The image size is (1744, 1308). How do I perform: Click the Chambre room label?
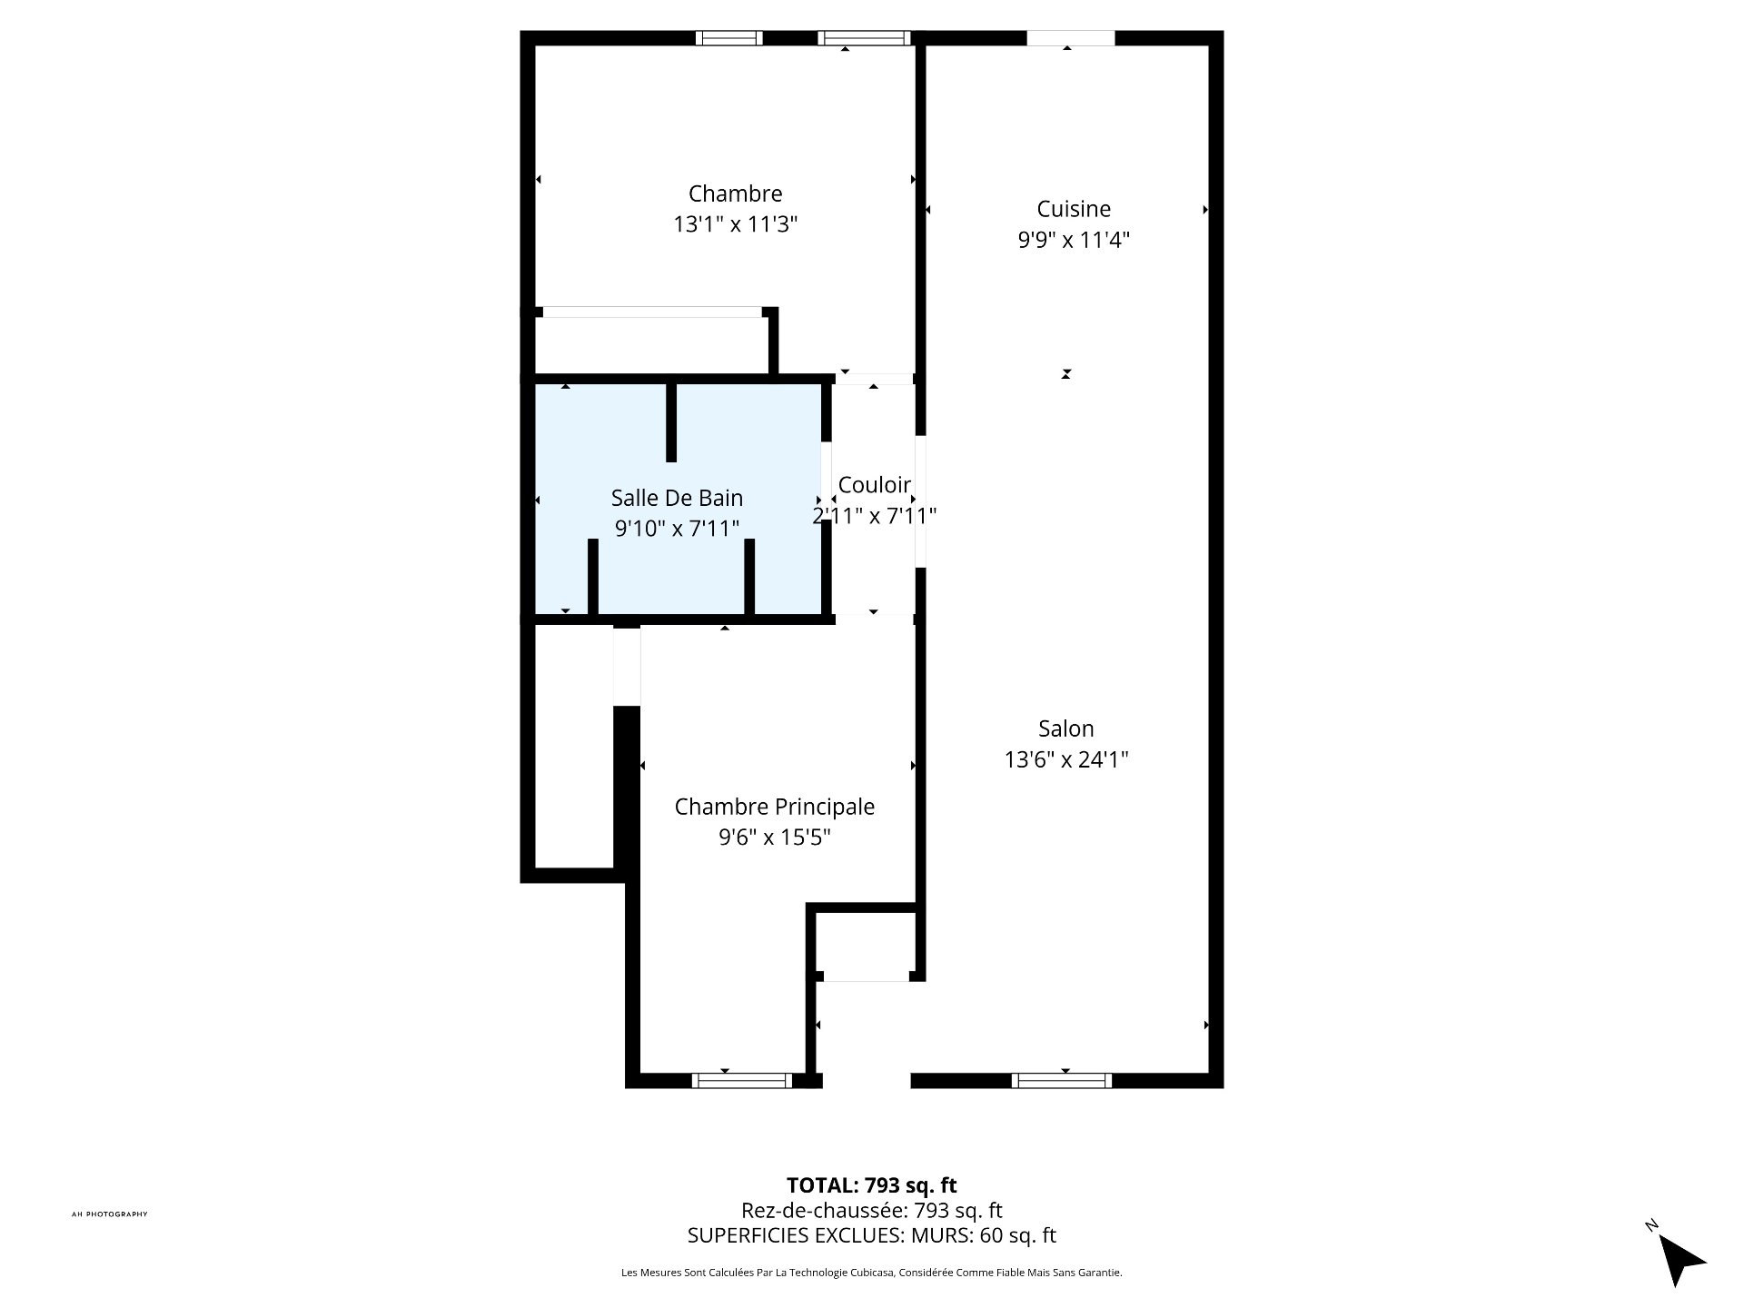click(735, 193)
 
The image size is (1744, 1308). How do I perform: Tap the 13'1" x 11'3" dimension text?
click(735, 224)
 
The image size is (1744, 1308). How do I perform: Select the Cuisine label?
click(1074, 209)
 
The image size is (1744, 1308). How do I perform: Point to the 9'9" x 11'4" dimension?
click(1074, 240)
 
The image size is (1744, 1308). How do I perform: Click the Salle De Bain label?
click(677, 498)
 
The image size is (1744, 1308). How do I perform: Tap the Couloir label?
click(874, 485)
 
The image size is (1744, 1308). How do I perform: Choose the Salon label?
click(1065, 728)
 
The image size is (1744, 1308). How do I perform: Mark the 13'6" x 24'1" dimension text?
click(1065, 759)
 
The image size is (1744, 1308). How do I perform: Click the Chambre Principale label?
click(774, 807)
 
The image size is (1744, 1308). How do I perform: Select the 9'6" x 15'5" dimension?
click(774, 837)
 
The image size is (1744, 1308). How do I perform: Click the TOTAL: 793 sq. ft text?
click(871, 1185)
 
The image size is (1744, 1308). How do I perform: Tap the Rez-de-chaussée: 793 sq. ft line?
click(871, 1210)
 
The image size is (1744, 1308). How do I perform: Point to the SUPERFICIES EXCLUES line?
click(871, 1235)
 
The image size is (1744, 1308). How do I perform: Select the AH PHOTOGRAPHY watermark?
click(109, 1214)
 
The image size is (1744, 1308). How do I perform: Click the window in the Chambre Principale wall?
click(741, 1080)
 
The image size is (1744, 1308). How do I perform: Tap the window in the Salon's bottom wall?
click(1061, 1080)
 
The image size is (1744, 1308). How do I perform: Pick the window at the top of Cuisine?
click(1070, 38)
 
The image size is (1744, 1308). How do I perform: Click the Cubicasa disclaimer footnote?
click(871, 1273)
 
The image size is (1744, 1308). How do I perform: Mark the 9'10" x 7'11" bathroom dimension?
click(677, 529)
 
